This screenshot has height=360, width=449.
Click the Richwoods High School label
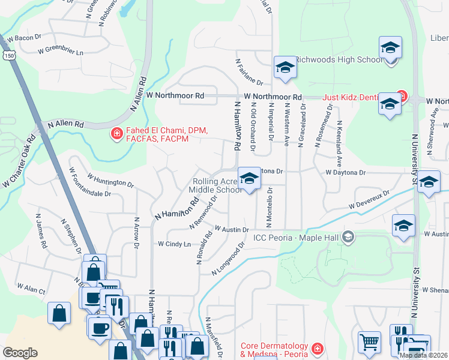coord(339,59)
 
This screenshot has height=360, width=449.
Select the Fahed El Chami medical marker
coord(116,133)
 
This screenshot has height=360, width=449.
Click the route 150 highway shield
coord(9,55)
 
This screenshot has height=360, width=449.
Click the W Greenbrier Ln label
coord(60,50)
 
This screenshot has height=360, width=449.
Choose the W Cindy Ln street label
coord(174,244)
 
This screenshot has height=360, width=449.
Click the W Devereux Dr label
coord(369,200)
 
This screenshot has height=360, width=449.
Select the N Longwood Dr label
coord(229,259)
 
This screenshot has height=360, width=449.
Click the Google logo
coord(20,353)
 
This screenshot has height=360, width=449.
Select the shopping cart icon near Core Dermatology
coord(369,342)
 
